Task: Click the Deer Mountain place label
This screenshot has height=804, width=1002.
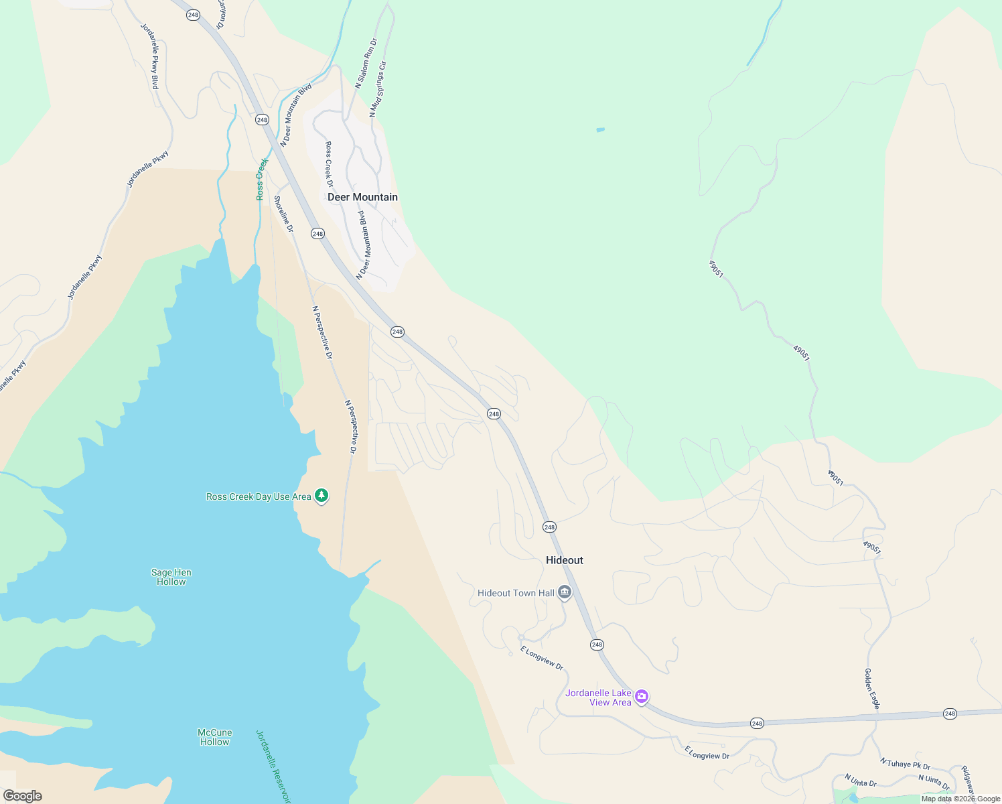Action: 362,197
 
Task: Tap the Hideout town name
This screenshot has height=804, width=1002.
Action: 564,560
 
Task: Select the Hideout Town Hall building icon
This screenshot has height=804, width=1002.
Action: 565,593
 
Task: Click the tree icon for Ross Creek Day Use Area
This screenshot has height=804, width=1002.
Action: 321,496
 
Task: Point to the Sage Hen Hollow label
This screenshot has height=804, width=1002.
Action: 171,577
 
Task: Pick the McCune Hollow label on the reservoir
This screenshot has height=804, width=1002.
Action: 214,737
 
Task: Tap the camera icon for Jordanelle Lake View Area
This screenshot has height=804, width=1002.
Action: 642,697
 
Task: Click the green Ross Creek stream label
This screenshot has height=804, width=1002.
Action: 262,179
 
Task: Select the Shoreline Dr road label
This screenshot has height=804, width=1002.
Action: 283,214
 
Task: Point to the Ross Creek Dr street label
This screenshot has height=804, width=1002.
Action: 329,164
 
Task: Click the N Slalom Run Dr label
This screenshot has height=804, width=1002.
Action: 366,64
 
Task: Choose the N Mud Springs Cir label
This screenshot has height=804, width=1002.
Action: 378,90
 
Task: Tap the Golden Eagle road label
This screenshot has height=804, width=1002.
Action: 871,688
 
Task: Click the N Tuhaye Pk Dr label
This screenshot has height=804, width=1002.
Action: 905,764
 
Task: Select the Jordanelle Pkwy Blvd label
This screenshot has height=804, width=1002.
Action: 149,56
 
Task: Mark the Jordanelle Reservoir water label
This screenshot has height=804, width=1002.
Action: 274,766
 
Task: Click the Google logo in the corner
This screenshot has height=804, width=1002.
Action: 22,796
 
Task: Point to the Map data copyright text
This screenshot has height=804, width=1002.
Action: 960,799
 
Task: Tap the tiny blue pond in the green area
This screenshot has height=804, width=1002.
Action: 600,129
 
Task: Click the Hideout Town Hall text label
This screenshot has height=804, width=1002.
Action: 516,593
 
